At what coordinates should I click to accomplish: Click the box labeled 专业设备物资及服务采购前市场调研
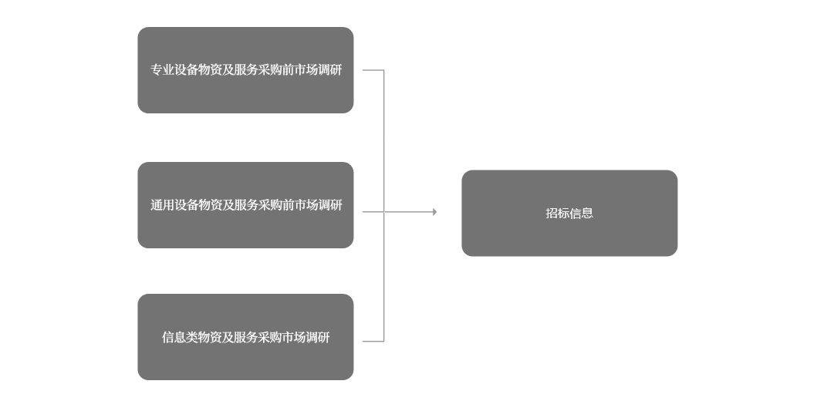245,70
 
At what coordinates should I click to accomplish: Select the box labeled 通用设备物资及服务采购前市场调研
245,205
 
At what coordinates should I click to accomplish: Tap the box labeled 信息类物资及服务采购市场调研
245,337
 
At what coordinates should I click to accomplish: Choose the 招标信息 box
569,214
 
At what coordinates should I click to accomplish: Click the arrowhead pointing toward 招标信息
435,211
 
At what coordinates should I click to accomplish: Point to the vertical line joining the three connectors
383,205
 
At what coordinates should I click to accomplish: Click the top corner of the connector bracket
383,70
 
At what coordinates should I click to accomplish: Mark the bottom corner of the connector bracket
383,341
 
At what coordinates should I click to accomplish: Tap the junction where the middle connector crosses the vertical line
383,211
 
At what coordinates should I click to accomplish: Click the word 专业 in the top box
162,70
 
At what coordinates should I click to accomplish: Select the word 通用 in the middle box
162,205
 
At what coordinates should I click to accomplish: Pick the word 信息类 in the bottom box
180,337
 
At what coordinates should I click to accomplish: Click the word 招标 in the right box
558,214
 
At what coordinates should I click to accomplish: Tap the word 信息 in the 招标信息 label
582,214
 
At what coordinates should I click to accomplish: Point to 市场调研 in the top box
318,70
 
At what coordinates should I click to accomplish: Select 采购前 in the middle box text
276,205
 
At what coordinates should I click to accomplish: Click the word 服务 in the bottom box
246,337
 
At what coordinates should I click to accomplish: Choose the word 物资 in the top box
210,70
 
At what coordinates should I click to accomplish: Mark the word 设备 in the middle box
186,205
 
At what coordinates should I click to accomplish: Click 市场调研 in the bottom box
306,337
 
